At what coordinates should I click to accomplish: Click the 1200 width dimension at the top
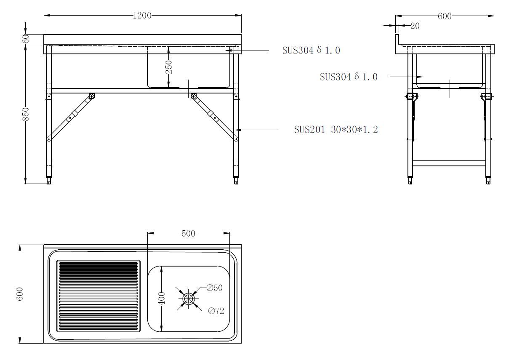[142, 16]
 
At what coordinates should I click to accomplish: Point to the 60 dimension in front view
[26, 39]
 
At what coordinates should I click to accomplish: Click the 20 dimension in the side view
[415, 26]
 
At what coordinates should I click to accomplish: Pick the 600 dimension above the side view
[445, 16]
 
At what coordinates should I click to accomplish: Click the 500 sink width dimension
[188, 233]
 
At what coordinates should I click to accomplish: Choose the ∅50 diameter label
[214, 288]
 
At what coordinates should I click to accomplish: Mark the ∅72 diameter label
[216, 311]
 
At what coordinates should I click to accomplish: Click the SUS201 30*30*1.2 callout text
[336, 130]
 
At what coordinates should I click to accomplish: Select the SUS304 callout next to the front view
[311, 51]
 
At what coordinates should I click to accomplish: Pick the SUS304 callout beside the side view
[349, 77]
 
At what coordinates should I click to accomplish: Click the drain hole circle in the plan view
[188, 299]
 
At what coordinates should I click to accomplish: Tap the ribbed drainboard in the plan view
[98, 296]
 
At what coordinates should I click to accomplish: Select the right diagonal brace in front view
[214, 117]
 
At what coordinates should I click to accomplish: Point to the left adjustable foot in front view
[49, 181]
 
